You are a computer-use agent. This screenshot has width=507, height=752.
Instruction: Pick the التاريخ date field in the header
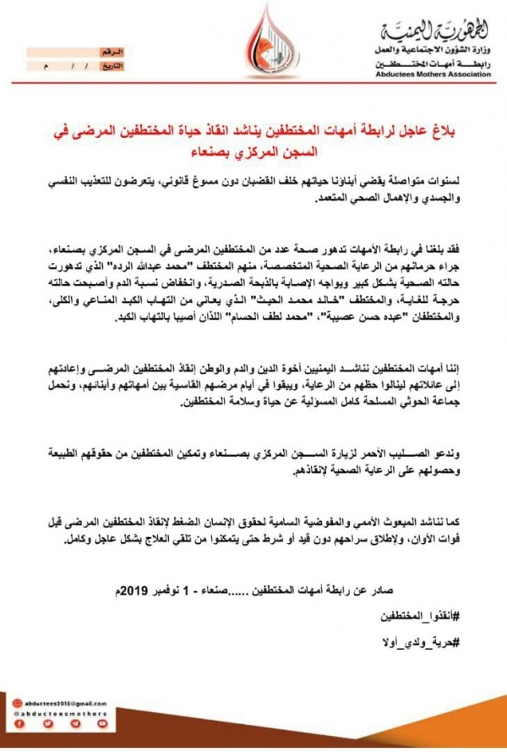tap(84, 64)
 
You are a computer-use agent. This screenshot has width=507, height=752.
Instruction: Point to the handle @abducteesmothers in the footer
tap(65, 713)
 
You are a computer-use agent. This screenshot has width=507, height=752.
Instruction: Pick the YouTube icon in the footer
tap(101, 723)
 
